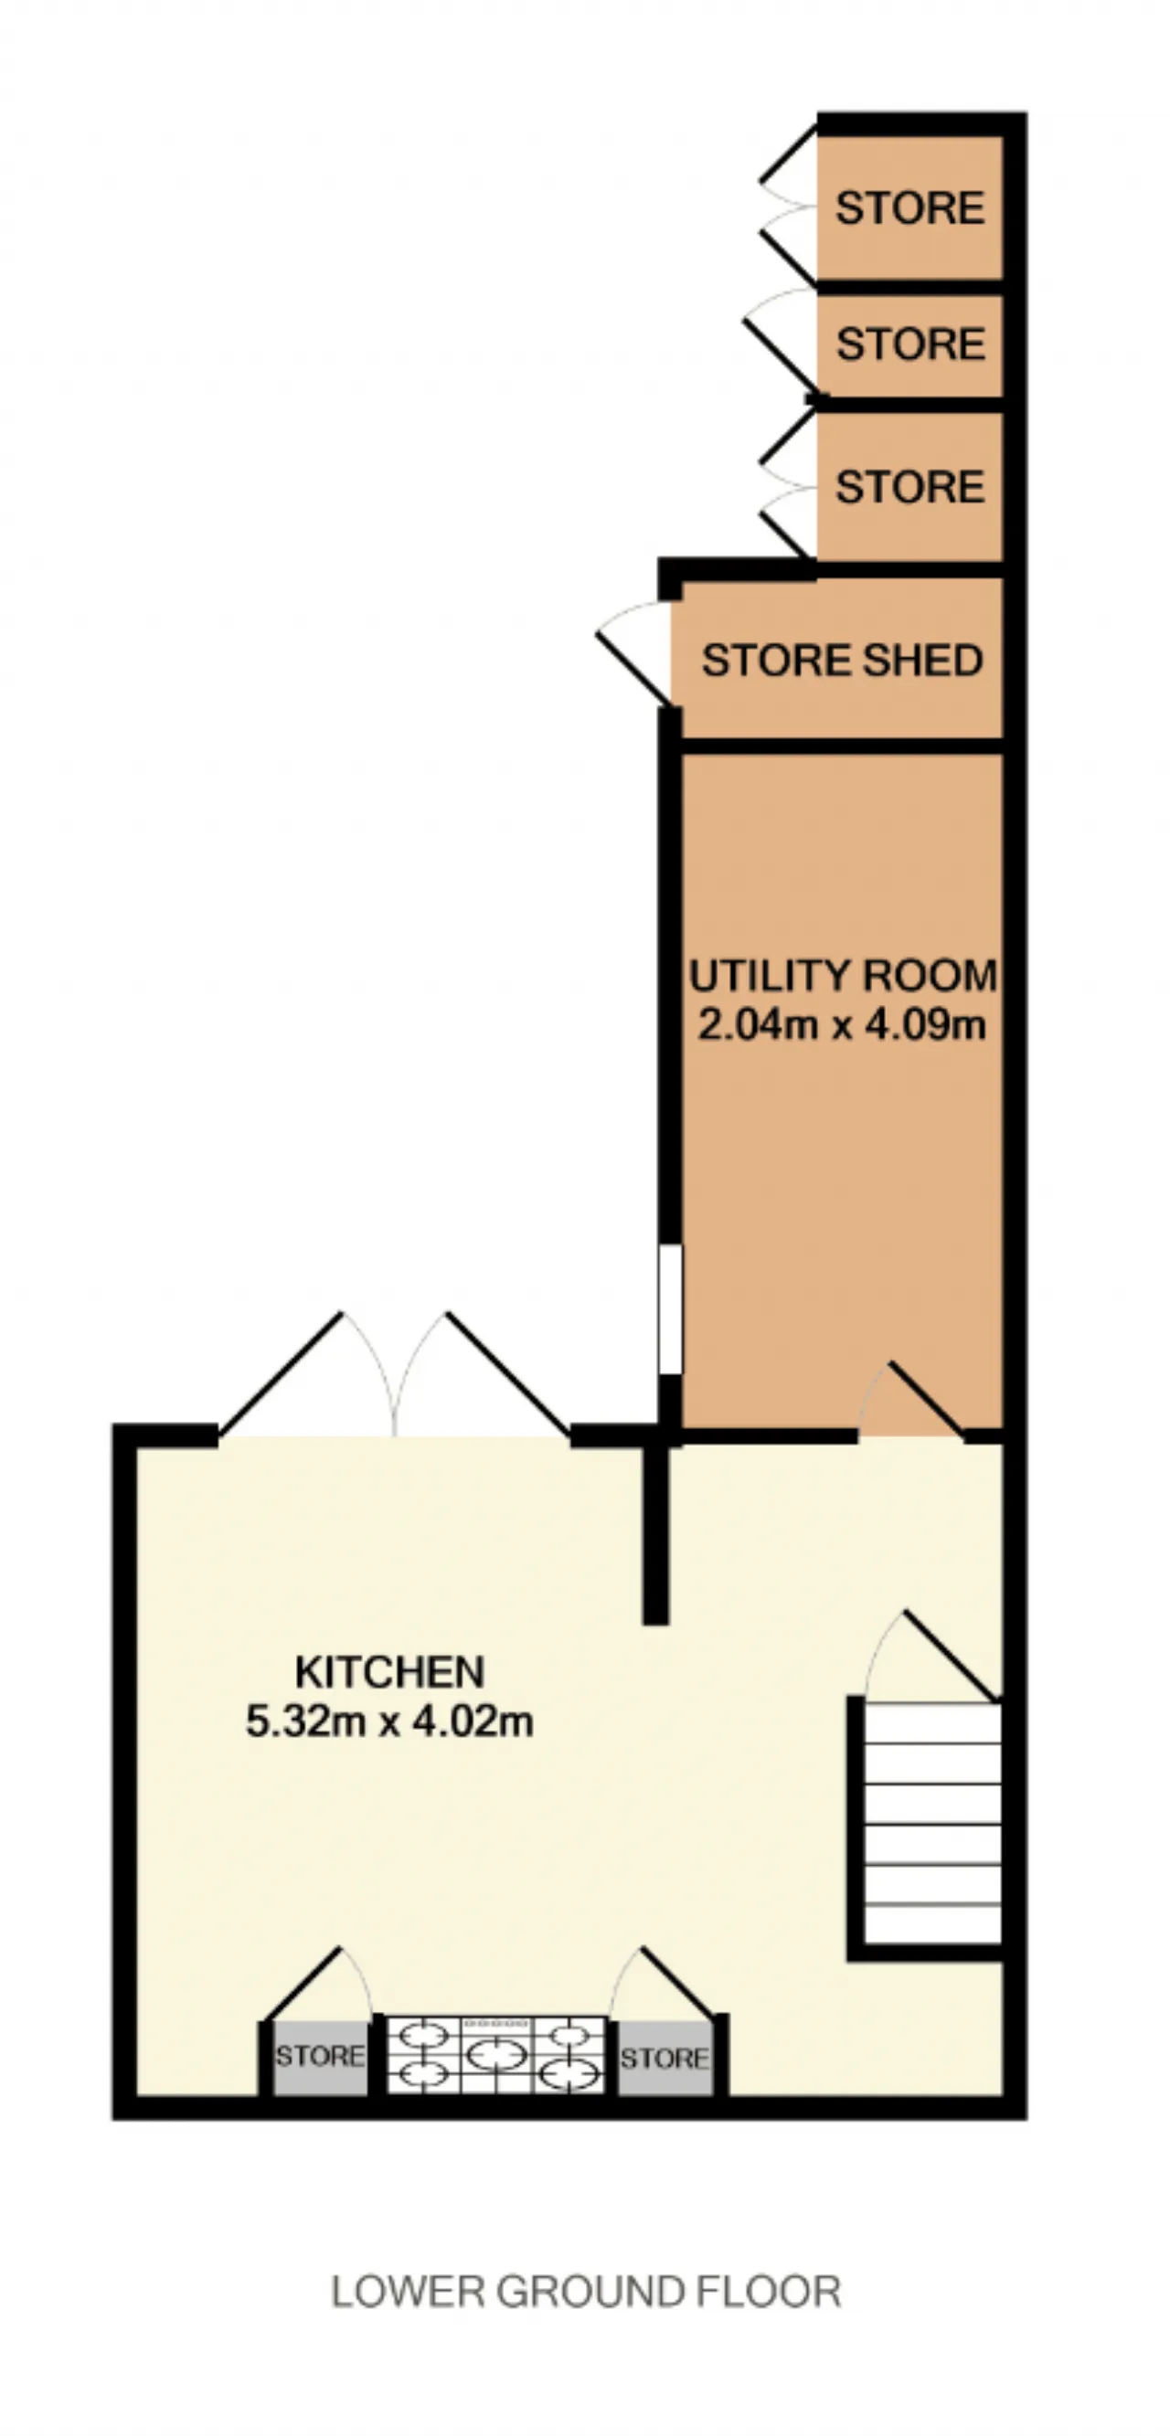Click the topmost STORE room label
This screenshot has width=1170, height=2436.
click(x=909, y=208)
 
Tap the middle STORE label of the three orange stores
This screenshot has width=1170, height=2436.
click(x=909, y=344)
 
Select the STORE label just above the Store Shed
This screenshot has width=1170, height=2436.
click(x=909, y=487)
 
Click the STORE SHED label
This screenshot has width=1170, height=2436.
click(x=842, y=660)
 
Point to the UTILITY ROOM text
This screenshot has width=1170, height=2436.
click(x=843, y=976)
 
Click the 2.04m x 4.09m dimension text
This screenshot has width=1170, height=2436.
click(x=843, y=1024)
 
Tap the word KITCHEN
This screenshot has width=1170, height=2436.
click(x=389, y=1672)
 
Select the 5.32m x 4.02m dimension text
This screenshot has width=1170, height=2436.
click(x=389, y=1721)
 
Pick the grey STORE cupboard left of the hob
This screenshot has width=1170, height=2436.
click(x=320, y=2058)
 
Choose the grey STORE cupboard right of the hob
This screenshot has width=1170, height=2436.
click(x=665, y=2058)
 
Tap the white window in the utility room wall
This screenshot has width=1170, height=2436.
click(x=670, y=1308)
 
